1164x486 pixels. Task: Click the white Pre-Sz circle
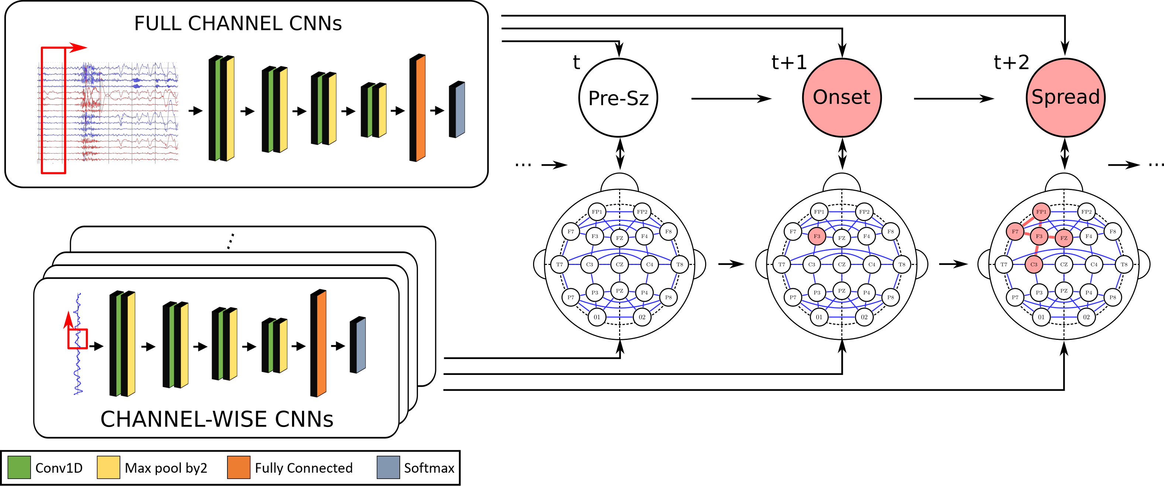tap(618, 97)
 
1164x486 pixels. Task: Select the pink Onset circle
tap(841, 97)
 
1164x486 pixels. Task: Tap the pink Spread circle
tap(1065, 97)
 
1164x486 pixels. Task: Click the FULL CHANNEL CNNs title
tap(238, 24)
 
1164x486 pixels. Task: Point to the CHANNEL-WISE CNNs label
tap(217, 419)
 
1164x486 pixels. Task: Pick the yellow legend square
tap(109, 467)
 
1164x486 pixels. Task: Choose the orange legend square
tap(238, 467)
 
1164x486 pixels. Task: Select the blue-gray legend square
tap(388, 467)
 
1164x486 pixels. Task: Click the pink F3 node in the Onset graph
tap(817, 236)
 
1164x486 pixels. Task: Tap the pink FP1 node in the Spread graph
tap(1041, 212)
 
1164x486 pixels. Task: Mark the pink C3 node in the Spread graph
tap(1034, 265)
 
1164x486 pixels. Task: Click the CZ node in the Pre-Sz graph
tap(619, 265)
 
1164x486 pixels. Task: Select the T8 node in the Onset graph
tap(902, 265)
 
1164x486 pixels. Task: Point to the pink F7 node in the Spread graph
tap(1015, 232)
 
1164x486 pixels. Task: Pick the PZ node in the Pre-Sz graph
tap(619, 291)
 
